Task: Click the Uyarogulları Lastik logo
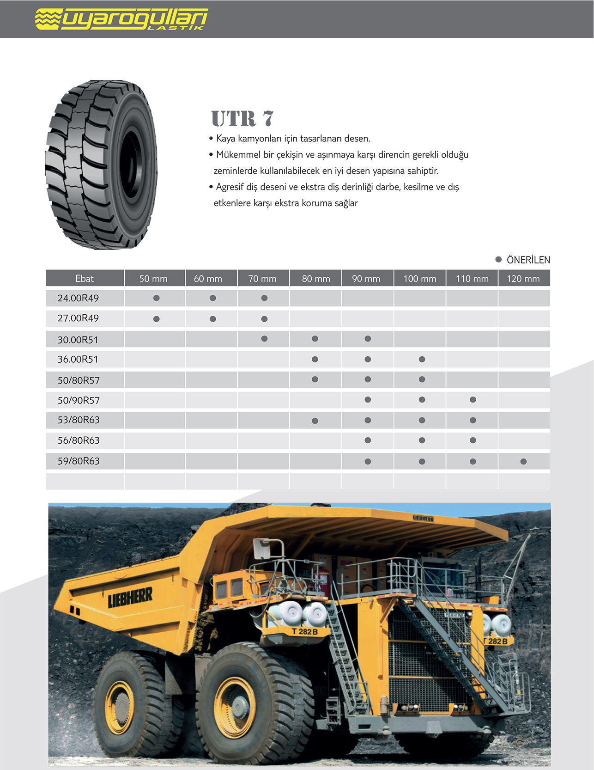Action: [121, 19]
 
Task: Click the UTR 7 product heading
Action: [242, 119]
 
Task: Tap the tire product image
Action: [102, 165]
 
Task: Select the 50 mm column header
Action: [153, 279]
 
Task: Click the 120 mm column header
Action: [523, 279]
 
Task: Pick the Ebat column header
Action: [85, 279]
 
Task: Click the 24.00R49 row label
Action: [78, 298]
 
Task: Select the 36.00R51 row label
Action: [78, 359]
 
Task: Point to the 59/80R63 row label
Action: [79, 461]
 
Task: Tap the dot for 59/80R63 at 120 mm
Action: [523, 461]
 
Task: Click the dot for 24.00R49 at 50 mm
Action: [157, 298]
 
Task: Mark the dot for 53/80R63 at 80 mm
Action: [315, 421]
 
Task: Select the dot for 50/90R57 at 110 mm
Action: [473, 400]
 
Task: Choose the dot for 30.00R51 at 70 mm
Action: [264, 339]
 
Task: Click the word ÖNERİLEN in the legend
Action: [528, 260]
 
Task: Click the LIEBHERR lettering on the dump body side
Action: [130, 598]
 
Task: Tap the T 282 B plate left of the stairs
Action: [304, 631]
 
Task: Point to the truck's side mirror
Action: [262, 549]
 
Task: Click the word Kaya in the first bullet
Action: [225, 139]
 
